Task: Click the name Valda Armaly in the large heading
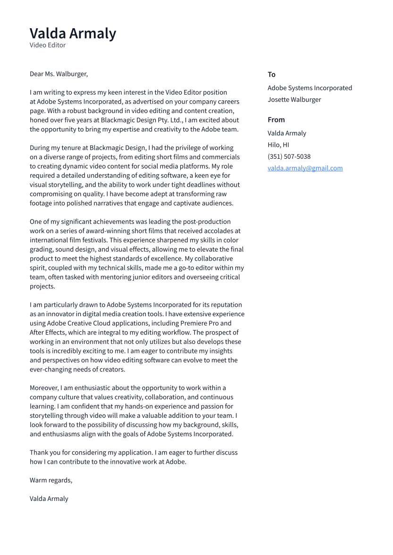tap(73, 33)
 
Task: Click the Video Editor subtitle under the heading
tap(48, 45)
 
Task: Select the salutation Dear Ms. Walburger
tap(59, 74)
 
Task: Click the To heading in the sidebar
tap(271, 74)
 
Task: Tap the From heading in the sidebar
tap(276, 120)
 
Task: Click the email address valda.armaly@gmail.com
tap(305, 168)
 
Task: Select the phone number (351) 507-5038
tap(289, 156)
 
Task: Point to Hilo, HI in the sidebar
tap(278, 145)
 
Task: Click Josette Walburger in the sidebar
tap(294, 99)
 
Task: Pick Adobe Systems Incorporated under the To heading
tap(309, 88)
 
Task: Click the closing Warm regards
tap(50, 480)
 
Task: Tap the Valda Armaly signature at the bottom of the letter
tap(49, 498)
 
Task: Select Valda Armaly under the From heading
tap(286, 133)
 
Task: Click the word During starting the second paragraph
tap(40, 147)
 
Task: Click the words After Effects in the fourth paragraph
tap(48, 332)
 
